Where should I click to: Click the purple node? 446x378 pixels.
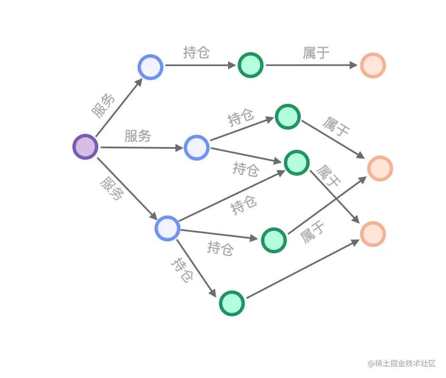coord(85,147)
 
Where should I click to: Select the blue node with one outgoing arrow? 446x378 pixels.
coord(151,67)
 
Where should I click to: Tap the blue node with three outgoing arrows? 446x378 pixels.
coord(167,228)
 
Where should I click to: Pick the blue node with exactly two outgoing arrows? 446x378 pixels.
coord(197,147)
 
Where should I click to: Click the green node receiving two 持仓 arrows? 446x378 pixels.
coord(296,163)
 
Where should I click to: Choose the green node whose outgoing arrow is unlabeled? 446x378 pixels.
coord(232,303)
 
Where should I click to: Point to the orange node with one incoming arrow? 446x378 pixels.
coord(373,65)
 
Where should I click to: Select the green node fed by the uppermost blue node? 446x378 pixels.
coord(251,65)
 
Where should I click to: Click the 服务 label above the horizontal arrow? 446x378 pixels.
coord(138,136)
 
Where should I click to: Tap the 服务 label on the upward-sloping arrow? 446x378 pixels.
coord(104,105)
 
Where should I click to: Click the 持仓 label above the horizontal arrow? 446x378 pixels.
coord(197,53)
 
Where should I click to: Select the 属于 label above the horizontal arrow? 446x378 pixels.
coord(316,53)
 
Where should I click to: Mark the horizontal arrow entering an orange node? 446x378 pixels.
coord(312,65)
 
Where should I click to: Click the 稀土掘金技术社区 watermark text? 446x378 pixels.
coord(402,364)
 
